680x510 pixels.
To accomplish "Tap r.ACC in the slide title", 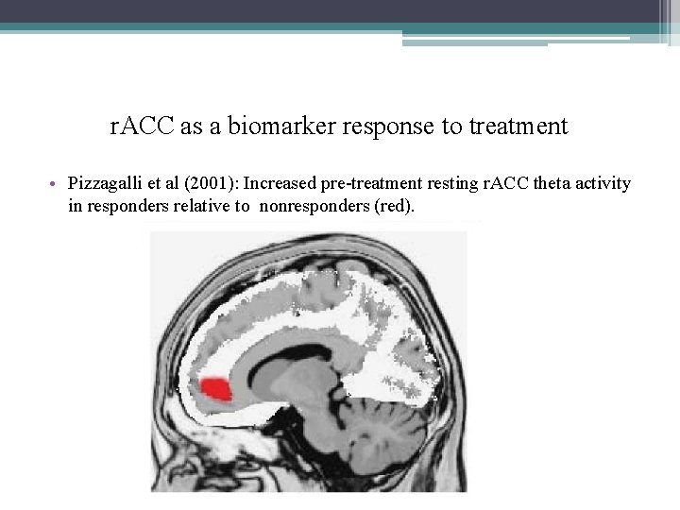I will click(143, 127).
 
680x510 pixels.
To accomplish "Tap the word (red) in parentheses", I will click(395, 205).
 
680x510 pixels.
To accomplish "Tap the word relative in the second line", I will click(198, 205).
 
